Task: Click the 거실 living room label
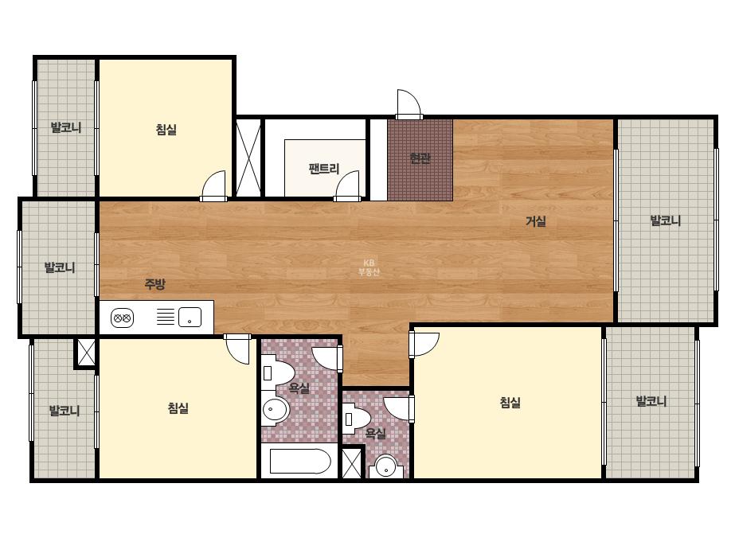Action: (536, 221)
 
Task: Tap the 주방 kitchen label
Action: (154, 283)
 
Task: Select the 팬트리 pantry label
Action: (324, 169)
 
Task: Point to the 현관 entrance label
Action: (420, 158)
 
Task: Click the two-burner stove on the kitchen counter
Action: (122, 318)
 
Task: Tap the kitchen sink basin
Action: (190, 318)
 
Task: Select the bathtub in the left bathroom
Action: (300, 461)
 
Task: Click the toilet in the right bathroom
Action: (358, 419)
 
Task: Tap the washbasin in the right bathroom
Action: (386, 466)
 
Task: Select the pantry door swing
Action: (347, 186)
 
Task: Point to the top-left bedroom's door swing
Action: (213, 186)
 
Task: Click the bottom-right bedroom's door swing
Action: (424, 344)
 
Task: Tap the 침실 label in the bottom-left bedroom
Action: (178, 407)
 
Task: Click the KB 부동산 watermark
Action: (369, 267)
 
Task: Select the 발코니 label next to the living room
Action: (666, 220)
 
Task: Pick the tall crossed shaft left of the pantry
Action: (248, 158)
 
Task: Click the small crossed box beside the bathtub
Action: (351, 463)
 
